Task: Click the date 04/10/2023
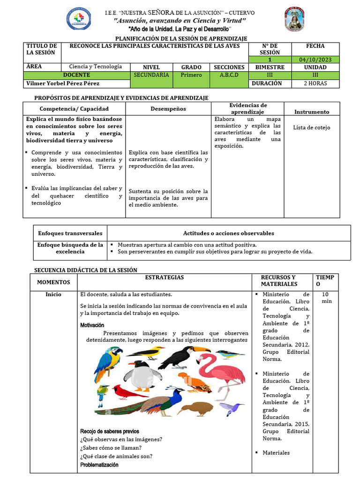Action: [315, 60]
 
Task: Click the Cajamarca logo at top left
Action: [78, 19]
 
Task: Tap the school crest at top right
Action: [295, 19]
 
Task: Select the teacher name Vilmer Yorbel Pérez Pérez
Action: [63, 83]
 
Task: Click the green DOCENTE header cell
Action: [76, 75]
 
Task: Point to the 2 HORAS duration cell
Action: [315, 83]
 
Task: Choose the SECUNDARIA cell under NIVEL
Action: [151, 75]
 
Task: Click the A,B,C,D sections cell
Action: [229, 75]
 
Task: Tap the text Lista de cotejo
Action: [311, 127]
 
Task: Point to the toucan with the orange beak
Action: [185, 356]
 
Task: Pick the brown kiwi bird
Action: [195, 408]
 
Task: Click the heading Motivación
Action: [92, 325]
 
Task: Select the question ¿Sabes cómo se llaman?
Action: [111, 448]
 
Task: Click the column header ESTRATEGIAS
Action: [164, 277]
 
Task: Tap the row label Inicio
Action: [53, 294]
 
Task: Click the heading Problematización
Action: [99, 465]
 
